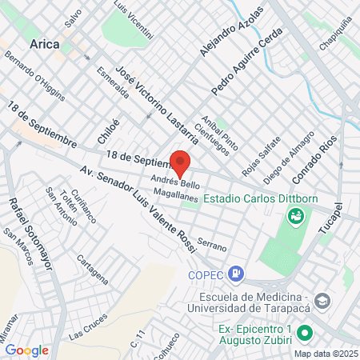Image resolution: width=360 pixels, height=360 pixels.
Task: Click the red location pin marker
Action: click(x=182, y=162)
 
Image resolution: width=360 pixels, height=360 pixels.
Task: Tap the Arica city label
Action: click(x=45, y=45)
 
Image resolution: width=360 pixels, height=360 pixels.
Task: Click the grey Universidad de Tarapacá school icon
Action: click(x=322, y=302)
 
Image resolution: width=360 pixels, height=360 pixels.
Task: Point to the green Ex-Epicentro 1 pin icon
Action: click(x=304, y=332)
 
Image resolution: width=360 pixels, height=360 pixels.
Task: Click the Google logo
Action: click(x=26, y=350)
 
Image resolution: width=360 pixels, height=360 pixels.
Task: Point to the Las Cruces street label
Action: click(x=88, y=323)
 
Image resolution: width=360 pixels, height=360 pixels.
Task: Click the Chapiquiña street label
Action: click(x=336, y=35)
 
